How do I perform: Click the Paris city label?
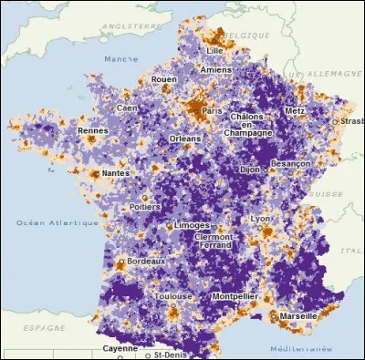click(x=213, y=110)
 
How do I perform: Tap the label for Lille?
click(x=215, y=50)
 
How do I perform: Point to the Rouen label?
click(x=163, y=79)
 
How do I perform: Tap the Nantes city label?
click(x=115, y=172)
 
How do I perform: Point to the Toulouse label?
click(x=172, y=296)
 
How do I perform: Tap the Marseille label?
click(x=298, y=315)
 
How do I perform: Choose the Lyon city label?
click(x=261, y=219)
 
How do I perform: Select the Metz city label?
click(x=296, y=110)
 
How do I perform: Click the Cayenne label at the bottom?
click(x=120, y=347)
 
